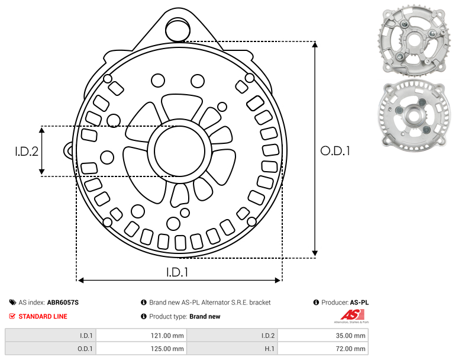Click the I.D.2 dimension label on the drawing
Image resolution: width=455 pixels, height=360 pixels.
[27, 151]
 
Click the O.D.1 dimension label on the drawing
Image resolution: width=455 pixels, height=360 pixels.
[335, 151]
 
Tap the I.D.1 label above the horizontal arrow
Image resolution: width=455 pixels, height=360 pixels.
[177, 272]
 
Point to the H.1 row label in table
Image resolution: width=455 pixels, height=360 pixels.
[270, 349]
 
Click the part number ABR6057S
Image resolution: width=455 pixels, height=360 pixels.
[63, 303]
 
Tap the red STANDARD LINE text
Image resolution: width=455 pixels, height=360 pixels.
[43, 316]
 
